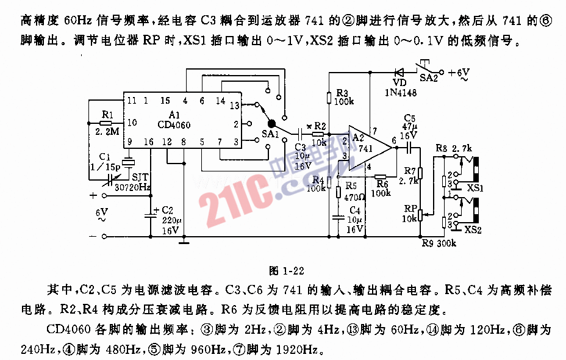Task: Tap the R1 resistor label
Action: coord(107,114)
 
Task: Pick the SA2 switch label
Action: coord(428,78)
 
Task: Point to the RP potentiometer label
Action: coord(410,208)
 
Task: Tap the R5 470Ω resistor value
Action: coord(352,197)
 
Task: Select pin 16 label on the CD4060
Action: coord(149,142)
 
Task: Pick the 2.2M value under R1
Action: coord(108,130)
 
